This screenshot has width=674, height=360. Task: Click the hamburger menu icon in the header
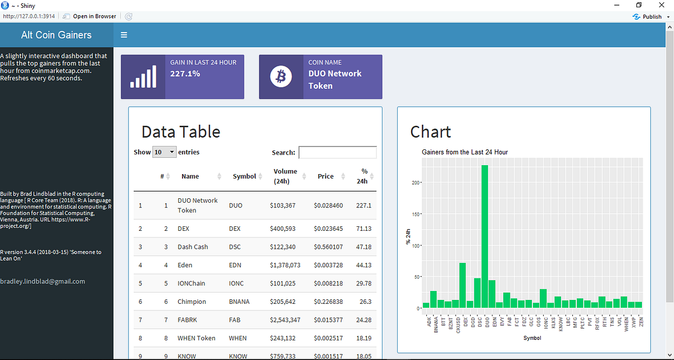pos(124,35)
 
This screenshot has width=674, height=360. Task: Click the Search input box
pos(337,152)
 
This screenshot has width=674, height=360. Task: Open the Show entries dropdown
pos(164,152)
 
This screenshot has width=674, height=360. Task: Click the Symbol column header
pos(244,176)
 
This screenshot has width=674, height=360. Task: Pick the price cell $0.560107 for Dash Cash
pos(328,247)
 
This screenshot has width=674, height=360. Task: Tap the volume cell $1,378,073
pos(285,265)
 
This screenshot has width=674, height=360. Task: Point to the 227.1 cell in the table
pos(363,206)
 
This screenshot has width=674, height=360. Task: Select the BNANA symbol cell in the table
pos(239,302)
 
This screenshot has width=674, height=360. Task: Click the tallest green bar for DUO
pos(485,236)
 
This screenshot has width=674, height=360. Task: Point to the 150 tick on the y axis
pos(415,214)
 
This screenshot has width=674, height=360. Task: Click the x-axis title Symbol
pos(532,338)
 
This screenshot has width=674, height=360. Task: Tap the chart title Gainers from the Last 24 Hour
pos(464,152)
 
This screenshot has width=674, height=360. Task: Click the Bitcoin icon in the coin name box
pos(281,77)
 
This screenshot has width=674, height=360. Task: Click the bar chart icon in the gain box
pos(143,77)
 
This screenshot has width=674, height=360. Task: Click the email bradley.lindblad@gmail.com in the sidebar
pos(43,281)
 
